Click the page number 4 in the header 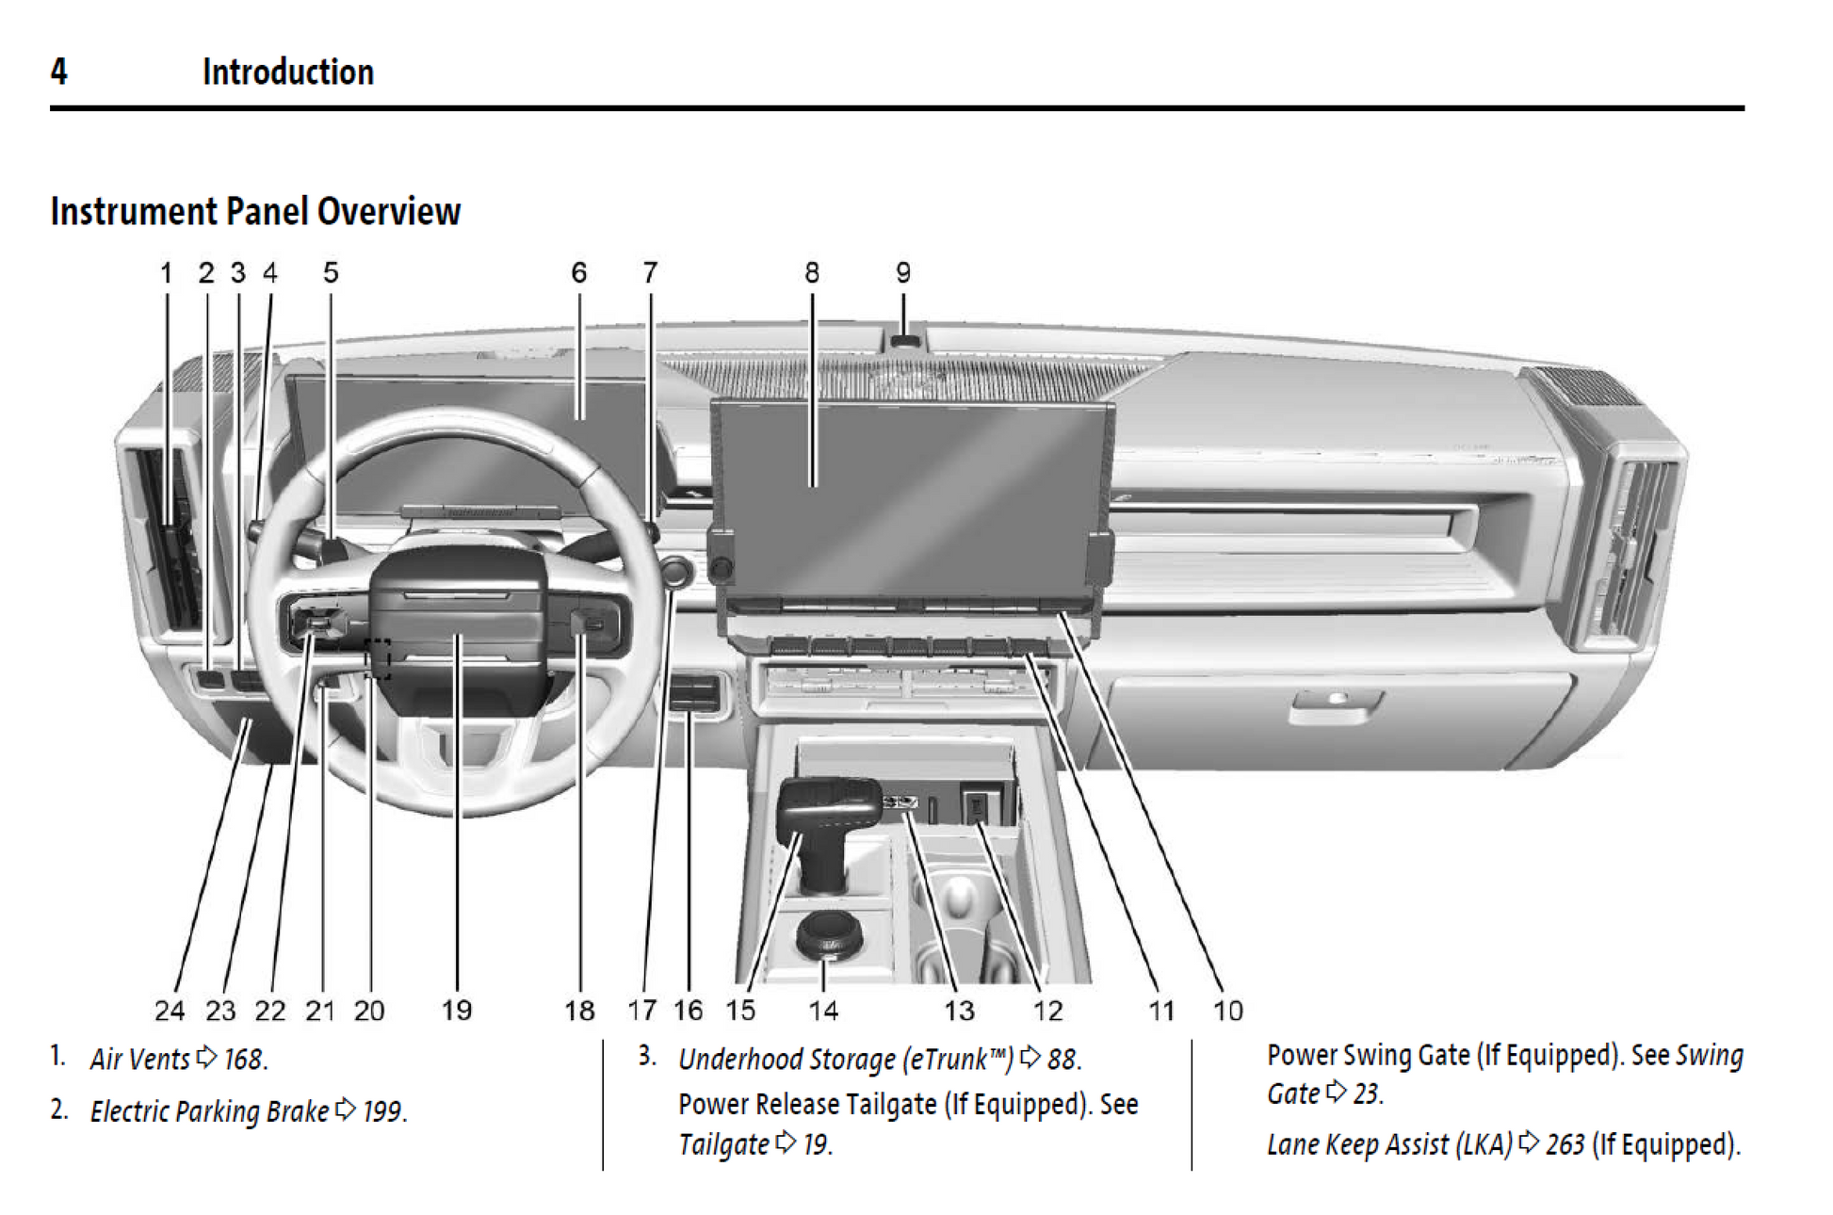59,72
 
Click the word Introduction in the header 287,72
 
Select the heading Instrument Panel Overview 255,212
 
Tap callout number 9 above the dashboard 902,273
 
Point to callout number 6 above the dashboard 578,273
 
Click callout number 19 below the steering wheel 457,1011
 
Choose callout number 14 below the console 822,1011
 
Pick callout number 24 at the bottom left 170,1011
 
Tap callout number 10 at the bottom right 1227,1011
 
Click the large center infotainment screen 909,499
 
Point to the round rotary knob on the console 828,932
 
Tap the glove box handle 1336,702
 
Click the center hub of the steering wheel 459,622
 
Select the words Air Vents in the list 139,1060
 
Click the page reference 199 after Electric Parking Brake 381,1111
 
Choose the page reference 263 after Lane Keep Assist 1565,1144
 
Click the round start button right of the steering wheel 675,571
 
